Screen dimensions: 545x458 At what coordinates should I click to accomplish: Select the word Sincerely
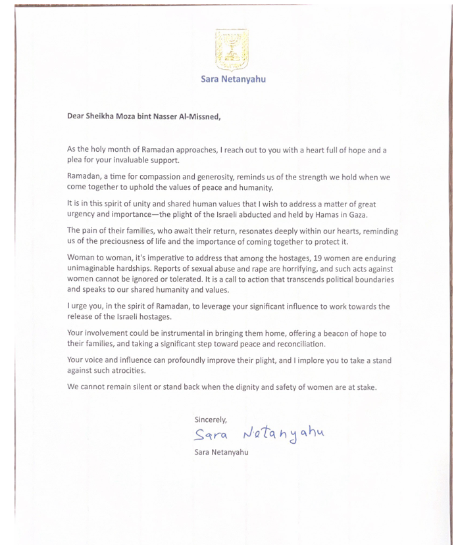pyautogui.click(x=211, y=419)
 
